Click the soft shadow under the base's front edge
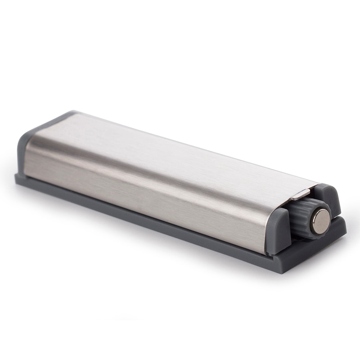pyautogui.click(x=135, y=238)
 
